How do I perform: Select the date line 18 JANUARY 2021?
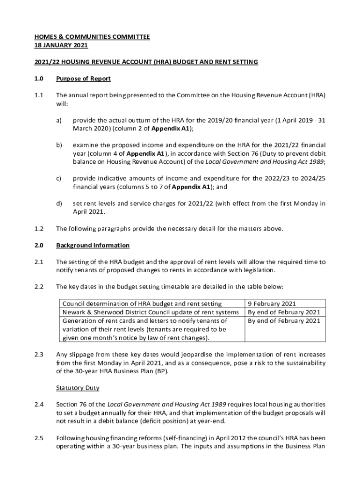point(61,45)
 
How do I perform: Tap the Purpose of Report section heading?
point(83,79)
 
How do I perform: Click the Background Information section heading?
point(93,246)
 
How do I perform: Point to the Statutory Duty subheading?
point(77,388)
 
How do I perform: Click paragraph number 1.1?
point(39,95)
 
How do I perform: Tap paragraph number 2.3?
point(39,355)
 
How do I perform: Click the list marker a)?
point(59,120)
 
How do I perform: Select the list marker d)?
point(59,203)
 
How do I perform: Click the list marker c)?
point(59,179)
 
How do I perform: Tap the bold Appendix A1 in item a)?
point(172,129)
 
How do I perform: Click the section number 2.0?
point(39,246)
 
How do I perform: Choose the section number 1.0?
point(39,79)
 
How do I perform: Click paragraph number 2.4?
point(39,404)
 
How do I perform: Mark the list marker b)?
point(59,145)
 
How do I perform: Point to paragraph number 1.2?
point(39,229)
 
